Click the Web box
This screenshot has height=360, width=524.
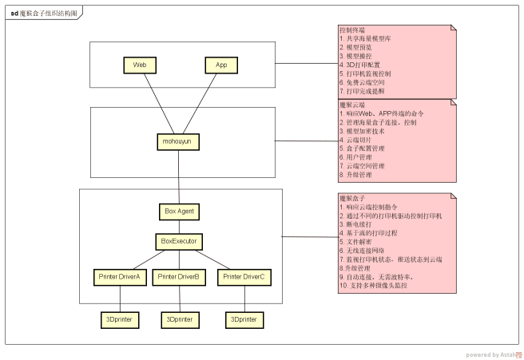coord(139,64)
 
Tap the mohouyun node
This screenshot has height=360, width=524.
coord(177,140)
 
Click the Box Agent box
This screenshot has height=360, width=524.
coord(179,212)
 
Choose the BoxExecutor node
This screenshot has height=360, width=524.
coord(179,239)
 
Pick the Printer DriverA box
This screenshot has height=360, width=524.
coord(119,276)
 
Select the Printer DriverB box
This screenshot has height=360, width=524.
coord(179,276)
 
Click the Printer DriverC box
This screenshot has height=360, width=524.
coord(243,276)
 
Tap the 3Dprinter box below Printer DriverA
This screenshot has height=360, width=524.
coord(120,319)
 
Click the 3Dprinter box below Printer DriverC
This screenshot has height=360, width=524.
coord(243,319)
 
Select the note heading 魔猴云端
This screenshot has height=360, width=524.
coord(352,105)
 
